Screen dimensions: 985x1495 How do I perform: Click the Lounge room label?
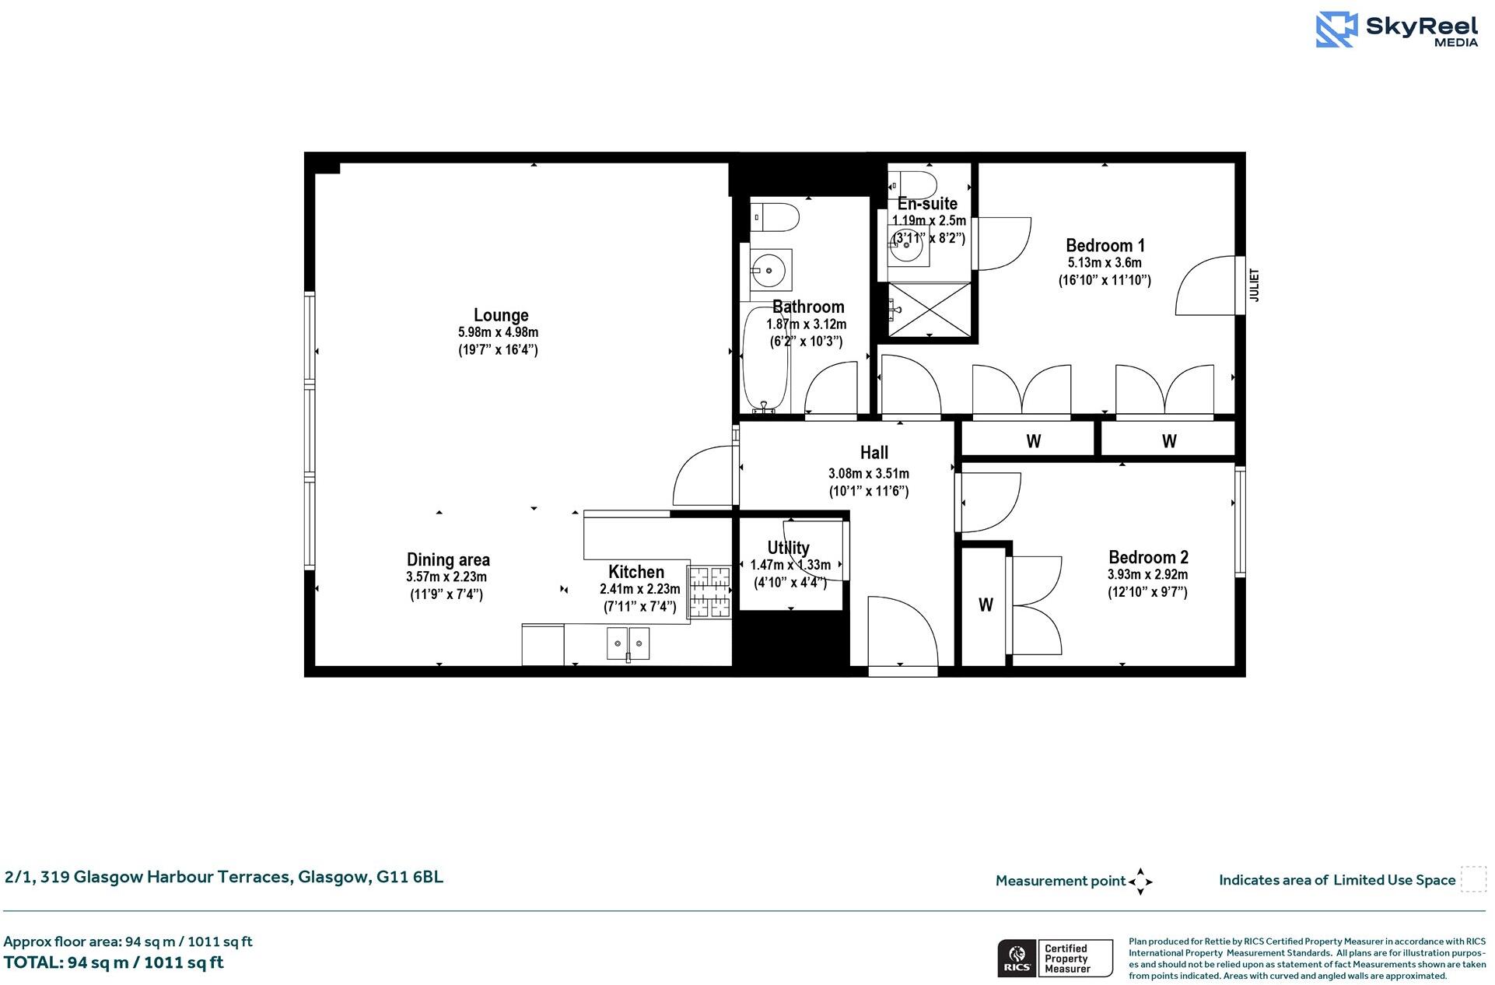[x=501, y=315]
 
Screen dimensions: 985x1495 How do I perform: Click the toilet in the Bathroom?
[x=778, y=216]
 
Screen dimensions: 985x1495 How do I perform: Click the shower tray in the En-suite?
[x=930, y=310]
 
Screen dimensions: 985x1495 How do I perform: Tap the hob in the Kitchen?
[x=709, y=592]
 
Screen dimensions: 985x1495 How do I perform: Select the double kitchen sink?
[x=628, y=643]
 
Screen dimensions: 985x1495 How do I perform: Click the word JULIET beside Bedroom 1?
[x=1253, y=286]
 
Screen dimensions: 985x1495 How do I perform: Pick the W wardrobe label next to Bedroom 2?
[x=986, y=605]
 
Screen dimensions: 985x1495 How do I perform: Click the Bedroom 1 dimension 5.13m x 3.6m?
[x=1105, y=263]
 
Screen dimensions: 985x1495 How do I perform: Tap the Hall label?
[x=874, y=453]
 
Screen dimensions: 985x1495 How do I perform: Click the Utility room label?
[x=788, y=548]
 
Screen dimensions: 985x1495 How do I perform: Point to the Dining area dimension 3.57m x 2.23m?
[x=446, y=577]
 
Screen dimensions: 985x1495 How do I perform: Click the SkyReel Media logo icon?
[x=1336, y=30]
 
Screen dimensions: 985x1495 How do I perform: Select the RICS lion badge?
[x=1016, y=958]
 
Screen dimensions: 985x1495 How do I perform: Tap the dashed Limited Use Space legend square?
[x=1472, y=879]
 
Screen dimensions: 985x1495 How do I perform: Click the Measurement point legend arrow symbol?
[x=1140, y=882]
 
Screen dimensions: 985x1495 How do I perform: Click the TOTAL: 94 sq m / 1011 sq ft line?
[x=114, y=962]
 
